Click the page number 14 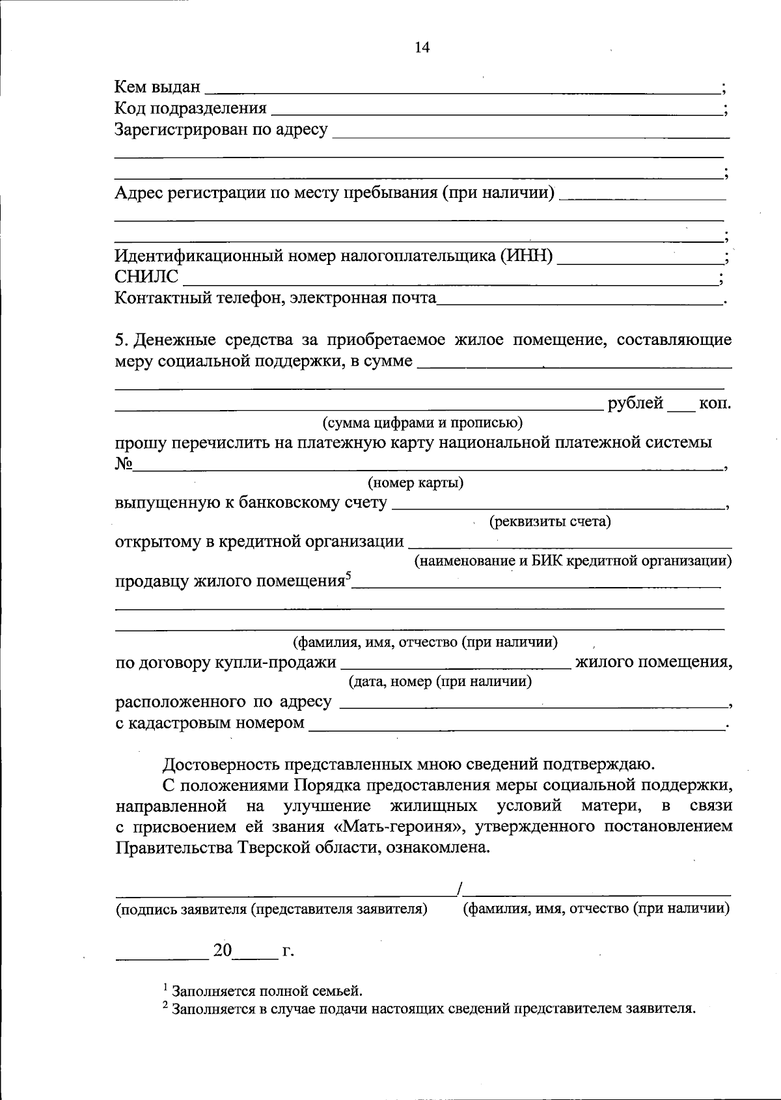pos(422,48)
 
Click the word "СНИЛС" pos(146,277)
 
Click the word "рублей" pos(635,404)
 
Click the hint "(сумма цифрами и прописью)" pos(423,423)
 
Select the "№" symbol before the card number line pos(124,463)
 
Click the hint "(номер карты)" pos(415,483)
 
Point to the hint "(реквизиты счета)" pos(550,521)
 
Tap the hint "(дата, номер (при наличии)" pos(441,681)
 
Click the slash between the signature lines pos(460,889)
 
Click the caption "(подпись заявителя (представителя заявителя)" pos(271,909)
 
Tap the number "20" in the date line pos(223,950)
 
